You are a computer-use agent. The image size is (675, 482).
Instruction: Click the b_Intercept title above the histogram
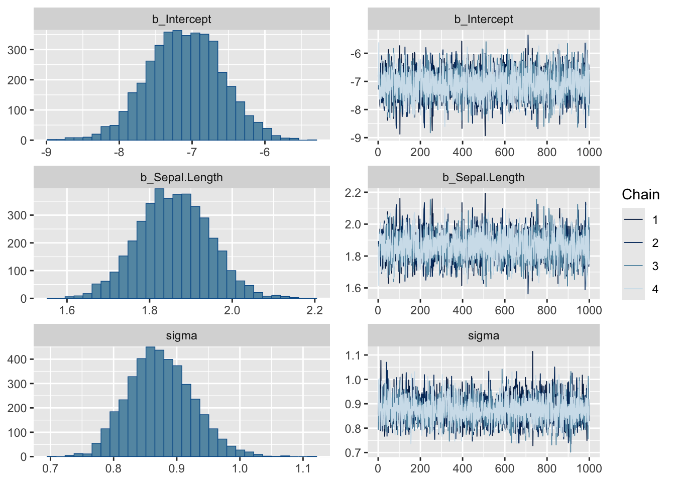click(x=181, y=19)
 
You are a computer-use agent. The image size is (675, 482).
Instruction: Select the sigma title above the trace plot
click(x=483, y=335)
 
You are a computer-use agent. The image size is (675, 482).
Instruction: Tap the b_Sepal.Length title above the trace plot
click(x=483, y=177)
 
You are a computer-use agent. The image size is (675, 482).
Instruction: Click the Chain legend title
click(x=640, y=195)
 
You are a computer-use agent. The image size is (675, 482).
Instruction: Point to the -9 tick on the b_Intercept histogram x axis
click(x=46, y=152)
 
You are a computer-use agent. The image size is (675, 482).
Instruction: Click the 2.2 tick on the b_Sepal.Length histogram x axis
click(x=314, y=310)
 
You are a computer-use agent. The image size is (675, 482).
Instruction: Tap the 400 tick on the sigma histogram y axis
click(x=17, y=359)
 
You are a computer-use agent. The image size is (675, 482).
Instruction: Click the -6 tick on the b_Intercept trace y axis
click(x=357, y=54)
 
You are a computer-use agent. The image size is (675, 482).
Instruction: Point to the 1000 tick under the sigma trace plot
click(x=589, y=468)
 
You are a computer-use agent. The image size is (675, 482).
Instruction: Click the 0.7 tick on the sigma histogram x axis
click(x=50, y=468)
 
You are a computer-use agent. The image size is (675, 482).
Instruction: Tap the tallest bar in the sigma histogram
click(x=150, y=402)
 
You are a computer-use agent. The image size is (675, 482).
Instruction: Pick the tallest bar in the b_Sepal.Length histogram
click(x=159, y=244)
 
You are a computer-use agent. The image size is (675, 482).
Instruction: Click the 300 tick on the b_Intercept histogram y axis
click(x=17, y=50)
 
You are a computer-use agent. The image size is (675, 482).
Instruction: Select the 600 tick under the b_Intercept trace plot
click(x=504, y=152)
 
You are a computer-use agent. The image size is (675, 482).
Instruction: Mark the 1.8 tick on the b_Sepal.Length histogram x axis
click(x=150, y=310)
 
